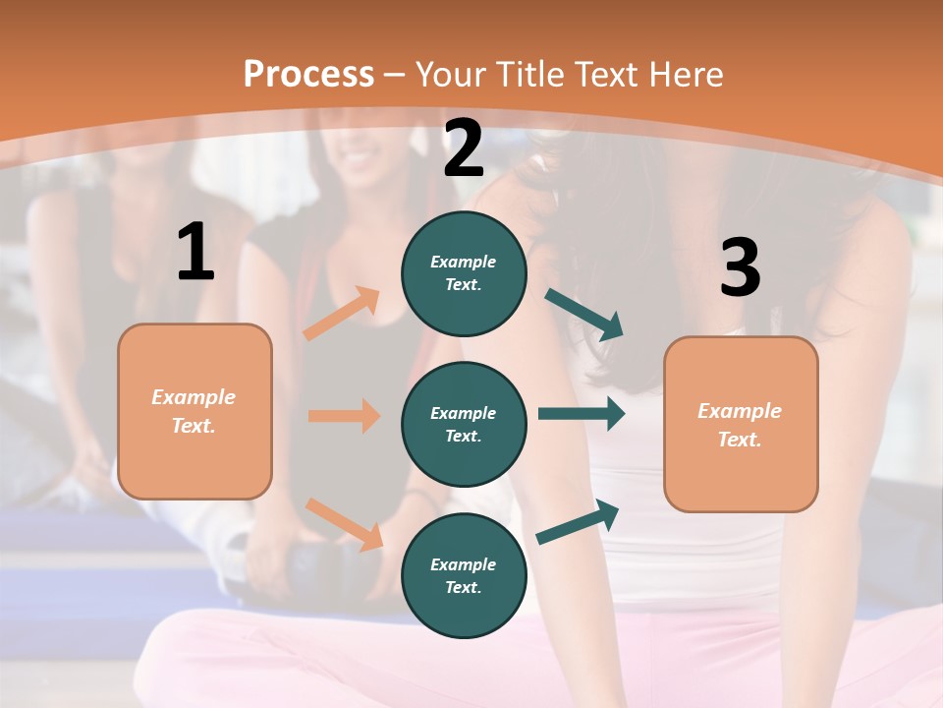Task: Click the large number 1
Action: pyautogui.click(x=195, y=253)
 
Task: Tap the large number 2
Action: pyautogui.click(x=464, y=149)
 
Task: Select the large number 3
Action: pyautogui.click(x=740, y=268)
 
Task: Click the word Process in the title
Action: pyautogui.click(x=308, y=74)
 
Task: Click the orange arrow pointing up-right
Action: pyautogui.click(x=342, y=314)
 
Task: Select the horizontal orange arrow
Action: pyautogui.click(x=344, y=416)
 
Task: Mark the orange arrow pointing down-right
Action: pyautogui.click(x=344, y=524)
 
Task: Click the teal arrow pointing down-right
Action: pyautogui.click(x=584, y=315)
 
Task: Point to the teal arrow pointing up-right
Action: pyautogui.click(x=578, y=522)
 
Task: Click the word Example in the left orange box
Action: pyautogui.click(x=194, y=397)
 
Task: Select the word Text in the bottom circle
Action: pyautogui.click(x=462, y=587)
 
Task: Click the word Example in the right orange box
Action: pyautogui.click(x=740, y=411)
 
